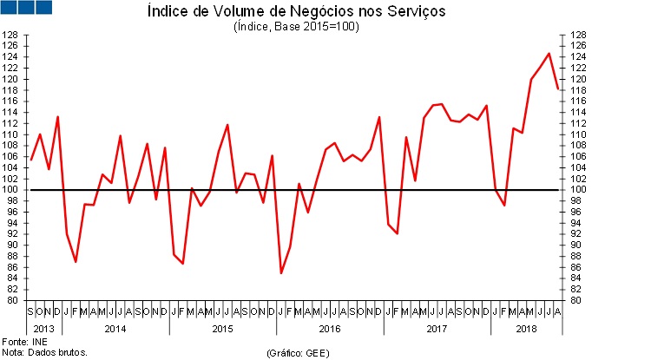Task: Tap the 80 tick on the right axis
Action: [575, 300]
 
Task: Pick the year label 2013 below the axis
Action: [43, 328]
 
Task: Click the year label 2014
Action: [115, 328]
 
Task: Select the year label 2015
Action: [223, 328]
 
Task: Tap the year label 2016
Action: [330, 328]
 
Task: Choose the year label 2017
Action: [437, 328]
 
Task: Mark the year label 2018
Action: [526, 328]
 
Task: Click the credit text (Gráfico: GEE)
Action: [299, 353]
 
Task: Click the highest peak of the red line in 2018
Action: [549, 54]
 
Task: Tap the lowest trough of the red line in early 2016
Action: [281, 273]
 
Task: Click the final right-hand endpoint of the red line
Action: [557, 88]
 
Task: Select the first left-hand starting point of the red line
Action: [31, 160]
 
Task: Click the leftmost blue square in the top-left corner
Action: [9, 7]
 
